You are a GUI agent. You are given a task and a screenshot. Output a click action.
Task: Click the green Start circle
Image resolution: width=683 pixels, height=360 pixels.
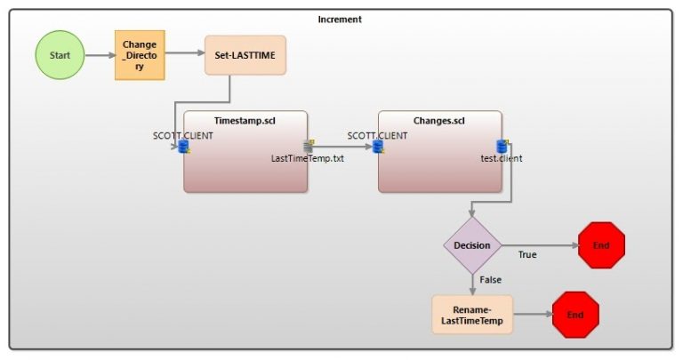coord(60,54)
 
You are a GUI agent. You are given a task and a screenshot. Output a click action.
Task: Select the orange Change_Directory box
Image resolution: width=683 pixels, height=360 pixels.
coord(140,54)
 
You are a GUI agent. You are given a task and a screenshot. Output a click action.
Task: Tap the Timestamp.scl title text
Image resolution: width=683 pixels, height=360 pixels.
coord(245,120)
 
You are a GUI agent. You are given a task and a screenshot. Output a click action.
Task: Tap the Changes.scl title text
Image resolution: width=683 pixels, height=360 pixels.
coord(439,120)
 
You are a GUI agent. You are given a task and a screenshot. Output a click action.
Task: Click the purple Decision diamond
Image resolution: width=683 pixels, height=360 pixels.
coord(472,244)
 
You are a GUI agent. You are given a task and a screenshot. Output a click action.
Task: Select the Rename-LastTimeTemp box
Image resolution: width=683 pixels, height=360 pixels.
coord(472,315)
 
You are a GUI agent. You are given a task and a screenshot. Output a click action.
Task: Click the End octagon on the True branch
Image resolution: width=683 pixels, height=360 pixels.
coord(601,244)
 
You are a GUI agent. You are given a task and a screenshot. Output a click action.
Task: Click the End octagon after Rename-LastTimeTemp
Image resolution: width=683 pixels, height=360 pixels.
coord(575,315)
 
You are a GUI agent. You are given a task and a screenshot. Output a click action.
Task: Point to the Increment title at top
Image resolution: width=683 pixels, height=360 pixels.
coord(340,19)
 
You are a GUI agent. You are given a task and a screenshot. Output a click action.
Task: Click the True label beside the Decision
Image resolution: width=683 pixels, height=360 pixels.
coord(527,254)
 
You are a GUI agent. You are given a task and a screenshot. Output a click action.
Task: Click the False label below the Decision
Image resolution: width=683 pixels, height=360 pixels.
coord(490,279)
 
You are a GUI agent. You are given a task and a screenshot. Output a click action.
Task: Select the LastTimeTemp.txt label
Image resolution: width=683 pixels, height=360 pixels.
coord(308,158)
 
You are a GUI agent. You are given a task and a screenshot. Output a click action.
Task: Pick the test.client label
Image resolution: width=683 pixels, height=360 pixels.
coord(502,158)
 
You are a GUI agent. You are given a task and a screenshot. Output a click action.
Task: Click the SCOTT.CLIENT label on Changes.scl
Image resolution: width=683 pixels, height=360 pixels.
coord(377,135)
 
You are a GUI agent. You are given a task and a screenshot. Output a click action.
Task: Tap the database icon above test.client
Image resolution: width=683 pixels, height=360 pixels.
coord(502,146)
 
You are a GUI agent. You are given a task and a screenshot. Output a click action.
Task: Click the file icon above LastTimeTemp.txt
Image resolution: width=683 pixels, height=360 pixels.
coord(309,146)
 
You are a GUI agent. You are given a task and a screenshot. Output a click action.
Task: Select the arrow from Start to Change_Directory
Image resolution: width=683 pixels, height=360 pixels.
coord(100,54)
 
